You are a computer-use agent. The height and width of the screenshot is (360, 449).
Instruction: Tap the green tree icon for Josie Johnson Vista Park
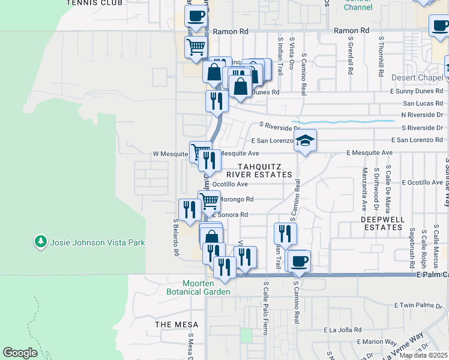tap(41, 242)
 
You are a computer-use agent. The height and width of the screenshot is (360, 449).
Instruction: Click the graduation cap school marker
tap(305, 141)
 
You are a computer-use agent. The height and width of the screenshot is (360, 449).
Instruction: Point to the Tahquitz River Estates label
tap(265, 170)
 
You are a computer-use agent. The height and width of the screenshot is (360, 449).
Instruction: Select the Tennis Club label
tap(94, 3)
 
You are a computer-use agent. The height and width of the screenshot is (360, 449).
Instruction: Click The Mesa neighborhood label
tap(172, 324)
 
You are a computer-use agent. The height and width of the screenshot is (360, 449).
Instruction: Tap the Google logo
tap(20, 353)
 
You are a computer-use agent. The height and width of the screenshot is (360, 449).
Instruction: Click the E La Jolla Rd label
tap(342, 330)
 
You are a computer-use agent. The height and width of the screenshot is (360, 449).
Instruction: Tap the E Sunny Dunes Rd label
tap(416, 92)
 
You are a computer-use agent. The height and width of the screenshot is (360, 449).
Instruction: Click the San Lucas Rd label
tap(424, 103)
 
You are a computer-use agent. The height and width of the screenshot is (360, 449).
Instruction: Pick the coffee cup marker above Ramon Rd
tap(196, 17)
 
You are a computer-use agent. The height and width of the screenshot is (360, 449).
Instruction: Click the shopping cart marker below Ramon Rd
tap(196, 46)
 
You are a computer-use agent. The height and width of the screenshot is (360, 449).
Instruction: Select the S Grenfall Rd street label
tap(350, 58)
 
